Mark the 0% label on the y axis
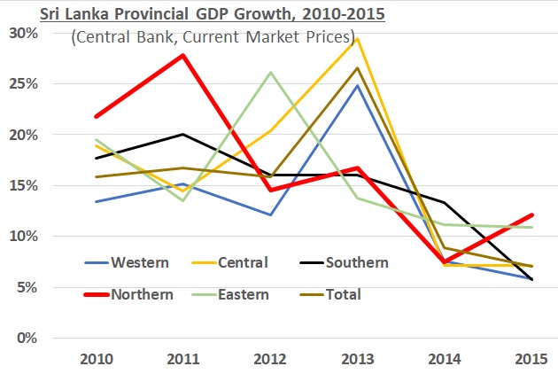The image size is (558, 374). tap(27, 339)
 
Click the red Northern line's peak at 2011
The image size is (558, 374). tap(182, 56)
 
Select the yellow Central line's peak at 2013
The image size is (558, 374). tap(356, 39)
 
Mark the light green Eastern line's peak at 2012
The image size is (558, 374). tap(269, 73)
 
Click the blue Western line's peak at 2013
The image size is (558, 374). tap(356, 85)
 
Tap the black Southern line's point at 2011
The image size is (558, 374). tap(182, 135)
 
